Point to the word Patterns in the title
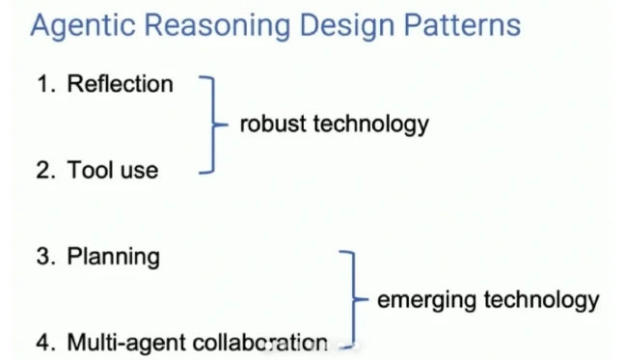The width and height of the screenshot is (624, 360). click(462, 25)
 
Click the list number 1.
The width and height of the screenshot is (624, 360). click(45, 84)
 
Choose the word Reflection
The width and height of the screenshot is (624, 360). click(121, 84)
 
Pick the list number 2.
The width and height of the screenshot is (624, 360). click(45, 170)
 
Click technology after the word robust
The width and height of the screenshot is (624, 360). click(371, 125)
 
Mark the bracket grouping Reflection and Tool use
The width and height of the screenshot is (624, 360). click(214, 125)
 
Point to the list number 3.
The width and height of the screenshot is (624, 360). click(45, 257)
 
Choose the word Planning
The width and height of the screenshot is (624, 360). click(114, 258)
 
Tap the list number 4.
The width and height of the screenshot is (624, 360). click(45, 343)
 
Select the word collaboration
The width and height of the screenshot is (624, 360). click(260, 343)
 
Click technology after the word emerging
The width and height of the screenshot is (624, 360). click(542, 301)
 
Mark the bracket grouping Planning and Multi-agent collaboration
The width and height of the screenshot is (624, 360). click(353, 298)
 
